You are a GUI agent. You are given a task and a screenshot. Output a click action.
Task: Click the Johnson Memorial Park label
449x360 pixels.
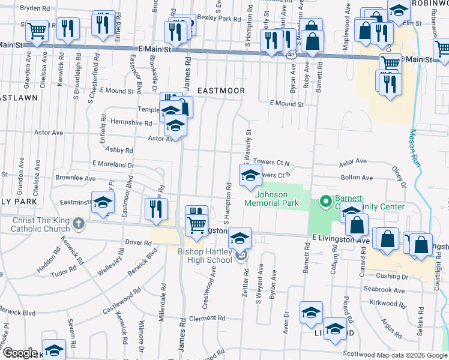272,199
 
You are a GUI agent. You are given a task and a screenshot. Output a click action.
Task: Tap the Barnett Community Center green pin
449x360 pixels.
325,201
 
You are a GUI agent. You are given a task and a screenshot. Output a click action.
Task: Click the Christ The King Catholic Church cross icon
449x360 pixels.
78,225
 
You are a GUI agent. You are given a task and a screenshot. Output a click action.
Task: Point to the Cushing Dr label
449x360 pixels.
393,277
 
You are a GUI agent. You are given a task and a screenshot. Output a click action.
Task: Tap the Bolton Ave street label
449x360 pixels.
357,178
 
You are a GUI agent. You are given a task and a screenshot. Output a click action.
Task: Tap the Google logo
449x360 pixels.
19,353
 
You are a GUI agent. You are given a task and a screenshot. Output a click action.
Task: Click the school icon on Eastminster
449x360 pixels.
103,202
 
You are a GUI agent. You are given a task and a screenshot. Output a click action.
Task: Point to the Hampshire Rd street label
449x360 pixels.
134,122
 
